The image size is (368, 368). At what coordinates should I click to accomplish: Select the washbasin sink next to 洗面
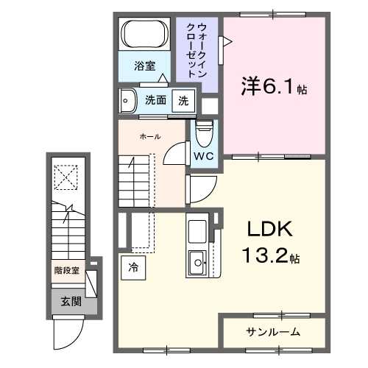click(x=128, y=100)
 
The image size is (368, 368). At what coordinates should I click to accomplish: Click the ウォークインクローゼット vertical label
click(x=199, y=49)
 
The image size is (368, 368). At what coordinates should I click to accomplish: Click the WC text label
click(x=203, y=156)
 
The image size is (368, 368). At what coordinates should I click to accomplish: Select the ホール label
click(x=150, y=136)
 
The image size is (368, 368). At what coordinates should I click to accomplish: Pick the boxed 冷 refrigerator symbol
click(x=133, y=267)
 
